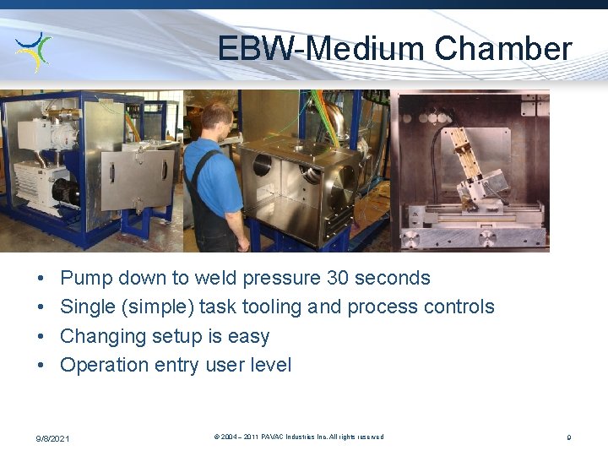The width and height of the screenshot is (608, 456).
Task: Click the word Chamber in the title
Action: [x=503, y=48]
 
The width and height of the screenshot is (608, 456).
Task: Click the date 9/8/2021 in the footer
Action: [x=52, y=438]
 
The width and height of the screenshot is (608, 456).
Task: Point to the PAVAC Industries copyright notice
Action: [x=299, y=437]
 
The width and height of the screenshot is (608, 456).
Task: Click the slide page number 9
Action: [x=569, y=437]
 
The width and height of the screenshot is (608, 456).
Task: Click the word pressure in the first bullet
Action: [x=281, y=278]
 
